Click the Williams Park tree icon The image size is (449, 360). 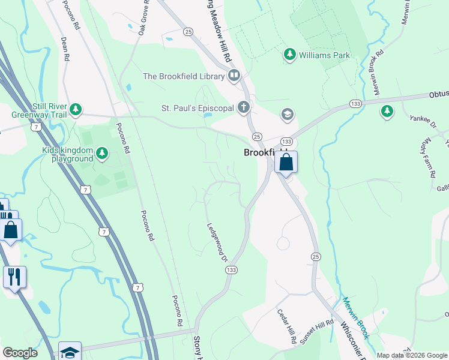point(290,55)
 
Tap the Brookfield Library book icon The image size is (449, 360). point(234,76)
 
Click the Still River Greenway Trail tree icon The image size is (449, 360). point(76,109)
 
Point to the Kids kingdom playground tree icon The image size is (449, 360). point(103,154)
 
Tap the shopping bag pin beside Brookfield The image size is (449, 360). point(286,163)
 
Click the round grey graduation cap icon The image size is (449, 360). point(287,114)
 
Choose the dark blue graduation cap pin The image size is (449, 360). point(70,352)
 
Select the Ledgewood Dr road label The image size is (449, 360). point(217,242)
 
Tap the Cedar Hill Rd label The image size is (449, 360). point(287,326)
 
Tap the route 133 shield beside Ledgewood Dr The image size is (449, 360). point(231,270)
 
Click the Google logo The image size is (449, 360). point(20,353)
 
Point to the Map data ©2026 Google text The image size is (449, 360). point(412,355)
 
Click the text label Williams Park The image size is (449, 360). point(325,55)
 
